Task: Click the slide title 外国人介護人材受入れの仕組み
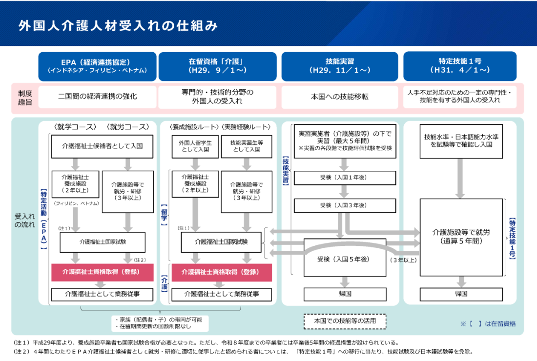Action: [118, 26]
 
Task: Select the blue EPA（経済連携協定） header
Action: [97, 66]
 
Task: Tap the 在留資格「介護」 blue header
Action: [217, 66]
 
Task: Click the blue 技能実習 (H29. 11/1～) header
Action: [340, 66]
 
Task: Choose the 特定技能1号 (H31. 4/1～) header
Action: [460, 66]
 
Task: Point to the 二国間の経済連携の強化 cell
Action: [97, 97]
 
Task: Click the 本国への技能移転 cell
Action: [340, 97]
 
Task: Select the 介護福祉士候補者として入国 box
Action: [102, 146]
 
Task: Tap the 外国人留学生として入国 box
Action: [195, 146]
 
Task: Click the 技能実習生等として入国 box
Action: [247, 146]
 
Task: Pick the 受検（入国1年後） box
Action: [345, 178]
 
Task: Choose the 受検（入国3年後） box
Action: [345, 205]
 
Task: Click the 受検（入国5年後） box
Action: [345, 259]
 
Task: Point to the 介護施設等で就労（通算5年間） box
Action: [461, 237]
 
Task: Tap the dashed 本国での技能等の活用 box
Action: [345, 321]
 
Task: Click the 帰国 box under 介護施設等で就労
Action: [461, 294]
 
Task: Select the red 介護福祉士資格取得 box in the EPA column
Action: [103, 272]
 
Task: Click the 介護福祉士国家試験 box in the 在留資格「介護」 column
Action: [221, 242]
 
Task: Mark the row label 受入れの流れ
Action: [25, 221]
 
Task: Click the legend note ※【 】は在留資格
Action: [488, 324]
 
